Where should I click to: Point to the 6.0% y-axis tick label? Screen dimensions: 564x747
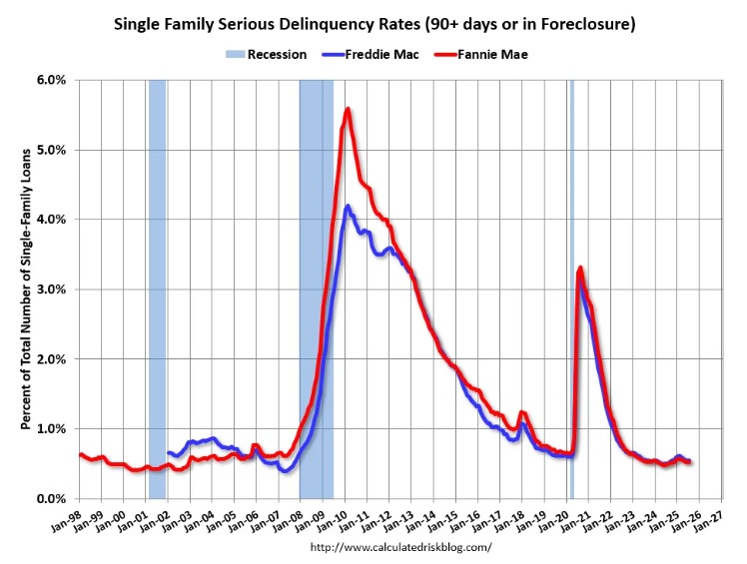52,80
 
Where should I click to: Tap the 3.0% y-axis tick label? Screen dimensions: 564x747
52,289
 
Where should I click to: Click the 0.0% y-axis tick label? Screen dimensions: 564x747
52,499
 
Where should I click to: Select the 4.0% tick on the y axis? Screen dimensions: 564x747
52,220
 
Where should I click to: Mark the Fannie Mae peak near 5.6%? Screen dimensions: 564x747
347,109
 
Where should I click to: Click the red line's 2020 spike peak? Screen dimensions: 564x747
580,268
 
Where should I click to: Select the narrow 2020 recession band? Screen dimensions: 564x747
571,289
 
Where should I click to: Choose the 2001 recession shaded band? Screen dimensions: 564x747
157,289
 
